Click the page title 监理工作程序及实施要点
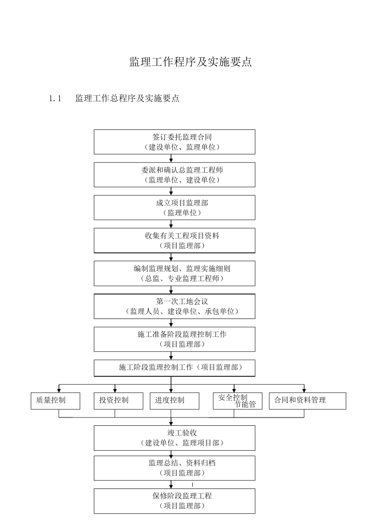pos(190,62)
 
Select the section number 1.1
pos(55,99)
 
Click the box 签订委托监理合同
pos(174,142)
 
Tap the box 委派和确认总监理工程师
pos(174,175)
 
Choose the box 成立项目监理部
pos(174,208)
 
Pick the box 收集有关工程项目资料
pos(174,241)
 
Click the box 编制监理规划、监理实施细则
pos(174,273)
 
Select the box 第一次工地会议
pos(174,306)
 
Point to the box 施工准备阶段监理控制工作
pos(174,339)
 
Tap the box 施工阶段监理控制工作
pos(174,368)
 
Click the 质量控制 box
pos(55,401)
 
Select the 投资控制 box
pos(118,401)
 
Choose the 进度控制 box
pos(174,401)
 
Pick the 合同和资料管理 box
pos(307,401)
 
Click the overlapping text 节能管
pos(245,405)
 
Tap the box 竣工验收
pos(174,438)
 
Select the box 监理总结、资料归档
pos(174,468)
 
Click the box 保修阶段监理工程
pos(174,501)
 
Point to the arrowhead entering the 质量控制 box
pos(59,390)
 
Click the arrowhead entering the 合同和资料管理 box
pos(304,390)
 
